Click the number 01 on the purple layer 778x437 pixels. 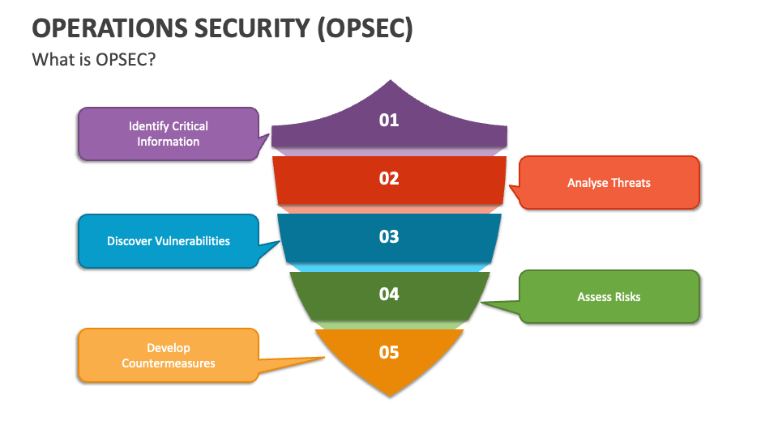(389, 121)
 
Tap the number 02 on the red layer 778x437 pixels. (389, 178)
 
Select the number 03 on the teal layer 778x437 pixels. (389, 236)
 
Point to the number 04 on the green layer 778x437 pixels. (389, 294)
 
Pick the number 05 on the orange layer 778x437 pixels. (389, 352)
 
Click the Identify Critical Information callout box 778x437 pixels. (168, 134)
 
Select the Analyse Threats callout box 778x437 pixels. (609, 183)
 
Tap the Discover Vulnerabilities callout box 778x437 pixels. (168, 240)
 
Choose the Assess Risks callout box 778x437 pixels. (609, 297)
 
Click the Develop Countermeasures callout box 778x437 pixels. (168, 355)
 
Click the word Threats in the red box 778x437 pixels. (631, 183)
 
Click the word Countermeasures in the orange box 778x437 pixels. (169, 363)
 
